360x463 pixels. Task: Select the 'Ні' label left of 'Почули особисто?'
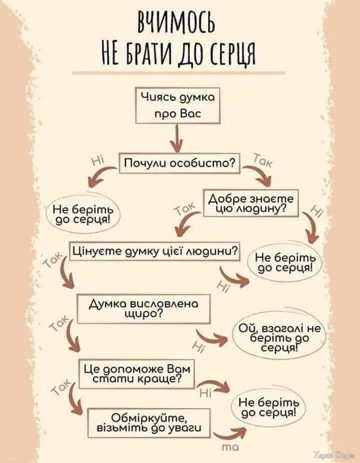click(x=98, y=160)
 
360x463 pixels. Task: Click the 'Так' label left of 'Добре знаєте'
click(x=186, y=211)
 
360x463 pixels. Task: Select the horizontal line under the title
click(x=178, y=73)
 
